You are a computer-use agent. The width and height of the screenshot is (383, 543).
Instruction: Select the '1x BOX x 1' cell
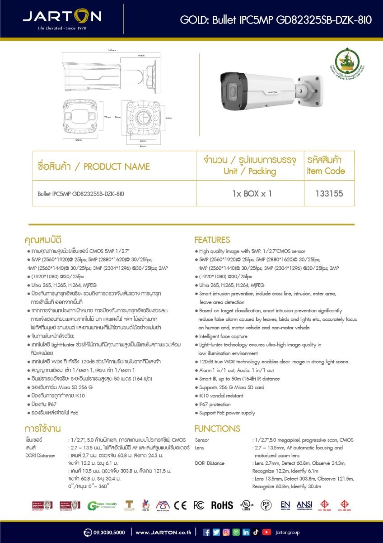click(x=252, y=194)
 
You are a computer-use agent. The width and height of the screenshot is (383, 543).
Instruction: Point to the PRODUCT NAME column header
click(x=93, y=167)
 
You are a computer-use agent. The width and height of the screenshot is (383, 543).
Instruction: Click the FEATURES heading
click(x=212, y=240)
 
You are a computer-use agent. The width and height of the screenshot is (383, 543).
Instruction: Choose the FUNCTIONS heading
click(x=217, y=429)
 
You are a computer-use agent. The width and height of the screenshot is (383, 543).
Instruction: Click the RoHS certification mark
click(x=222, y=505)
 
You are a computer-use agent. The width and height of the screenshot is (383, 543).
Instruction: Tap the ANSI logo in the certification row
click(x=304, y=505)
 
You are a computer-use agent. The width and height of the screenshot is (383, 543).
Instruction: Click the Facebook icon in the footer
click(x=207, y=532)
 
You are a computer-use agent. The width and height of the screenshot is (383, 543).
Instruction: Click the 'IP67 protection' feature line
click(x=215, y=405)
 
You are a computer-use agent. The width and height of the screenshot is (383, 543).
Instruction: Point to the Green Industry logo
click(x=102, y=505)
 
